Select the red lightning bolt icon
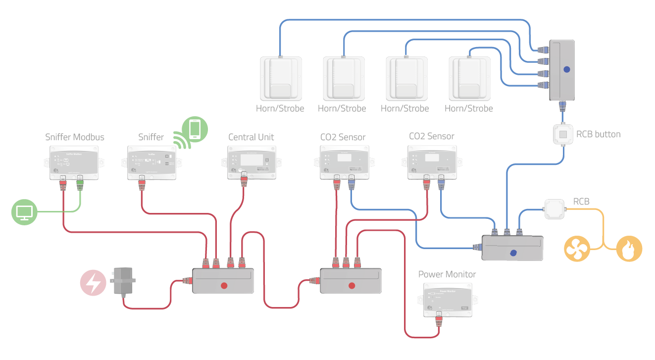coord(93,283)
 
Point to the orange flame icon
coord(629,249)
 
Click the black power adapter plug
coord(122,282)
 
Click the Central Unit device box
coord(251,161)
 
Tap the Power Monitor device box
coord(447,300)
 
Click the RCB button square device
coord(562,134)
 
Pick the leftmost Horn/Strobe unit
coord(280,78)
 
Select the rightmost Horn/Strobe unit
coord(468,78)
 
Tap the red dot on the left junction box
coord(223,285)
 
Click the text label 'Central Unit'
coord(251,137)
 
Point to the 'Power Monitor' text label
coord(447,274)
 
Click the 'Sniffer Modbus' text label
coord(75,137)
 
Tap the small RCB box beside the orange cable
coord(554,209)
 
